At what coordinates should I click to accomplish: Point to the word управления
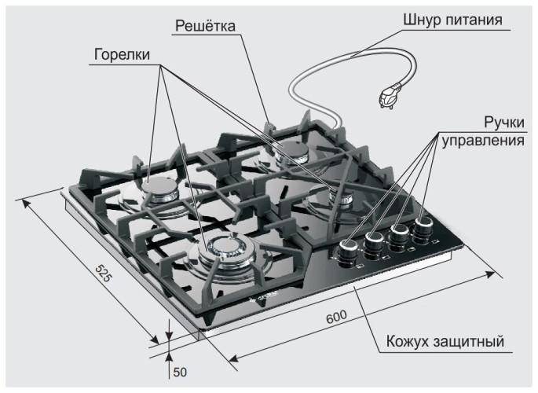point(481,141)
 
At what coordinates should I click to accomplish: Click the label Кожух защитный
point(444,343)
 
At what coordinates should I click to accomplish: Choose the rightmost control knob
point(424,226)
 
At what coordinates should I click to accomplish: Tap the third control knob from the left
point(401,233)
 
